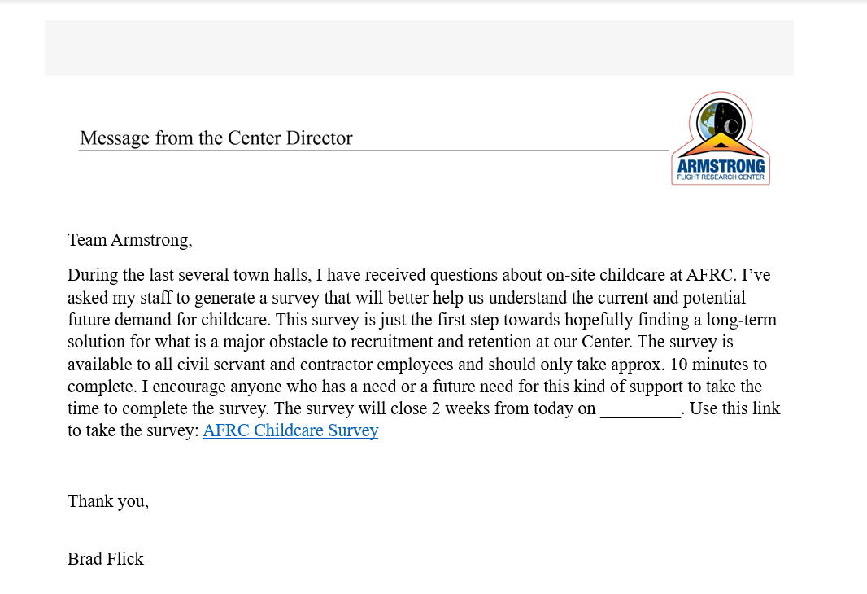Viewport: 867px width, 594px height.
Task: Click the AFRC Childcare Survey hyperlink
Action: pos(290,430)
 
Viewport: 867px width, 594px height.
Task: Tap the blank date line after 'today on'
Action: pos(640,408)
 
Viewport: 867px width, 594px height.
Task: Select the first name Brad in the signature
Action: pos(85,559)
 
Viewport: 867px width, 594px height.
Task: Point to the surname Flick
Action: pos(125,559)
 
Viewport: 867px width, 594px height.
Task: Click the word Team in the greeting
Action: pos(87,240)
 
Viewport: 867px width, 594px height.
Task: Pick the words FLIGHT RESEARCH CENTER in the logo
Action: pos(721,177)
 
